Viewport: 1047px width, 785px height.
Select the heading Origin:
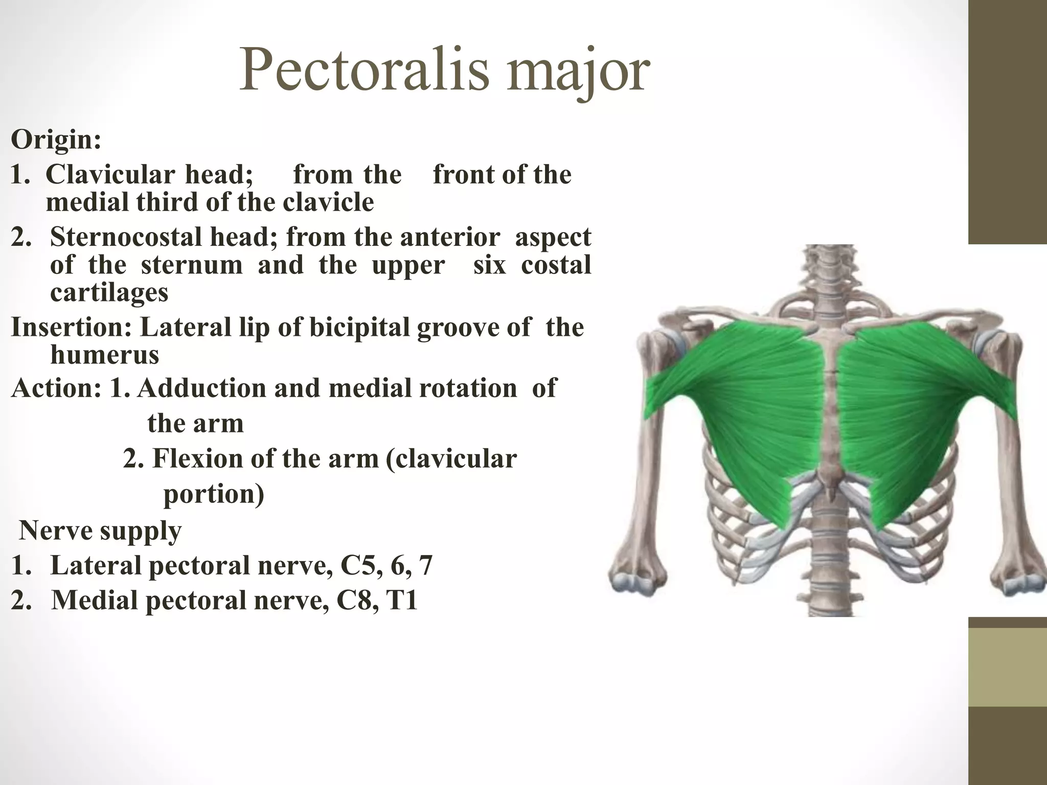56,139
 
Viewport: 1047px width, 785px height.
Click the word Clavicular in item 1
110,174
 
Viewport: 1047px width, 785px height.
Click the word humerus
105,354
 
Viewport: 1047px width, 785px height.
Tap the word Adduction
201,387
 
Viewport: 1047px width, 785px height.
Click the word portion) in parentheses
214,494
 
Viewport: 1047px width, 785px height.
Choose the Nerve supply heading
100,530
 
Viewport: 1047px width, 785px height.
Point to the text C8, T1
377,600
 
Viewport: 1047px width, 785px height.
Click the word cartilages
109,292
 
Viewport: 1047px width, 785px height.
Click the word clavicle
328,202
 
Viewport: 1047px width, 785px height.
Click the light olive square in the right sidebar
1008,666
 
